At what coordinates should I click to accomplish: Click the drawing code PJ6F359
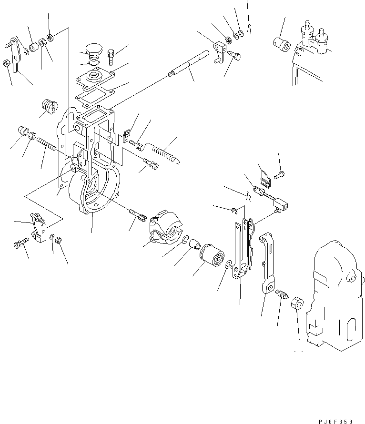tap(335, 421)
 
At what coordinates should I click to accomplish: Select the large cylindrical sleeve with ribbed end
tap(212, 255)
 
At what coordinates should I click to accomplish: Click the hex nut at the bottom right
tap(297, 303)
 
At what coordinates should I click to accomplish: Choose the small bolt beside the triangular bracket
tap(279, 175)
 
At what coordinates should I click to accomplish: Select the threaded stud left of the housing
tap(47, 143)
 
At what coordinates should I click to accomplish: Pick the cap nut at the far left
tap(23, 131)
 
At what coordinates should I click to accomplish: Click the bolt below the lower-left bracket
tap(21, 243)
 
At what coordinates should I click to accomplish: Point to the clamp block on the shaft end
tap(220, 51)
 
